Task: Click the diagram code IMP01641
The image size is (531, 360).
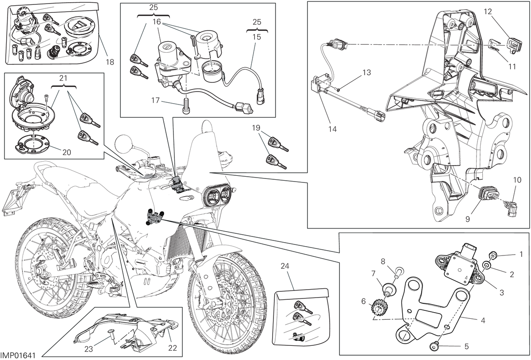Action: tap(18, 356)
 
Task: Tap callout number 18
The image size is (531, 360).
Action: tap(110, 62)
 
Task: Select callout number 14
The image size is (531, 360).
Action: tap(332, 129)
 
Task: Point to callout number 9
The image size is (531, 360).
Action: tap(467, 219)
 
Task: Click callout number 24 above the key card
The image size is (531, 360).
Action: tap(285, 266)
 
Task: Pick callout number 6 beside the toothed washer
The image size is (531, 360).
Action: tap(363, 301)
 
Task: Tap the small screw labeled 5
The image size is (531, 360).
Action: tap(433, 348)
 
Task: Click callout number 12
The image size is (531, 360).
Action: tap(488, 12)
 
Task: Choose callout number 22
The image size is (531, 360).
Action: tap(173, 348)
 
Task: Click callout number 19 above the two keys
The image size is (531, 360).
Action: tap(256, 128)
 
